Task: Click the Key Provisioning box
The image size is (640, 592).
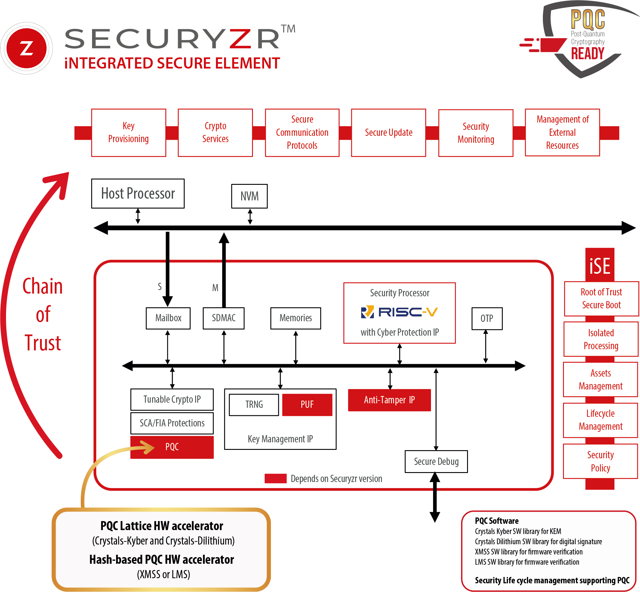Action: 129,132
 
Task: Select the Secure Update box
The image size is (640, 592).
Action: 388,132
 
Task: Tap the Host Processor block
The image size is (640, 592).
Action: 138,194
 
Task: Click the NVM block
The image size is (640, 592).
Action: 249,196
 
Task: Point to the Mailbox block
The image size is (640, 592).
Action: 168,318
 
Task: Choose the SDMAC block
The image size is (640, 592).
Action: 223,318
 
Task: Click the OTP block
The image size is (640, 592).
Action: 487,319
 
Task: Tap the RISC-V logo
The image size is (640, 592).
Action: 399,312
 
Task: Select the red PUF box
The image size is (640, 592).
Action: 307,404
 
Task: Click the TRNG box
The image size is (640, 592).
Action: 254,404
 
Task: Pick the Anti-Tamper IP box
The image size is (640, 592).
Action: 389,400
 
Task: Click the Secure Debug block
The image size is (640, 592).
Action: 436,462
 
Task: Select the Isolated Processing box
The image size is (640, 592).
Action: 601,339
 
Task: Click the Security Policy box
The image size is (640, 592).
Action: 600,461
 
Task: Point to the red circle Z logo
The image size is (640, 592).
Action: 26,48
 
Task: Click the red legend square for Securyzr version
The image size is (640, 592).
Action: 275,479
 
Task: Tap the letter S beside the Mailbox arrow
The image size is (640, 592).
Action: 160,286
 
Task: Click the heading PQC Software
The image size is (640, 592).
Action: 496,521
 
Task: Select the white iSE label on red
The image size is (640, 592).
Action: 600,266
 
